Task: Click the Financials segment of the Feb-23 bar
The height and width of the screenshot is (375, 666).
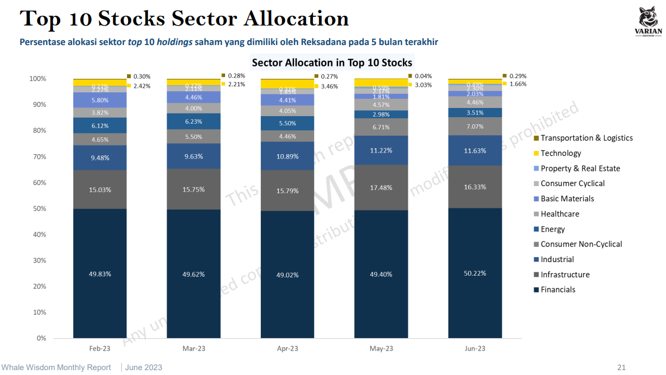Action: click(100, 274)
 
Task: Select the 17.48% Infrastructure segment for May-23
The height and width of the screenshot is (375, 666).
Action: click(381, 187)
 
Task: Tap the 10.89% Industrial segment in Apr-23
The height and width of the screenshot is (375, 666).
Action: click(287, 156)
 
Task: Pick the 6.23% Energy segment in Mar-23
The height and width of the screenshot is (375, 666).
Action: click(194, 122)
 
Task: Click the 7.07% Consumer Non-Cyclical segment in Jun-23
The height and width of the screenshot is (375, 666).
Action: click(475, 126)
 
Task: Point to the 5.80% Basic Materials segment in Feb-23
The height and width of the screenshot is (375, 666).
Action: click(100, 100)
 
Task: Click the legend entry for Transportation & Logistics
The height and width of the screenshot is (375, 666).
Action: click(586, 138)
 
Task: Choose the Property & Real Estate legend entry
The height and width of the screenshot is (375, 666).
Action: click(580, 168)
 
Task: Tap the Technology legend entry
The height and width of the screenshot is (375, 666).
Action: click(560, 153)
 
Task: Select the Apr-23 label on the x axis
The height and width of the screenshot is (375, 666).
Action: click(287, 348)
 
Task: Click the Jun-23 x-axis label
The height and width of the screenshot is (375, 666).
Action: click(475, 348)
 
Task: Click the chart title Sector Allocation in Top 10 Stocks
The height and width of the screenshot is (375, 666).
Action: click(332, 62)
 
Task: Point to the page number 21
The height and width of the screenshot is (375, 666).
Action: click(622, 367)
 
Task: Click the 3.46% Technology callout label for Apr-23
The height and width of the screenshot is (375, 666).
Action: click(329, 86)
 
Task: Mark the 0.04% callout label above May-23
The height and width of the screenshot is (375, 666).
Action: click(423, 76)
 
